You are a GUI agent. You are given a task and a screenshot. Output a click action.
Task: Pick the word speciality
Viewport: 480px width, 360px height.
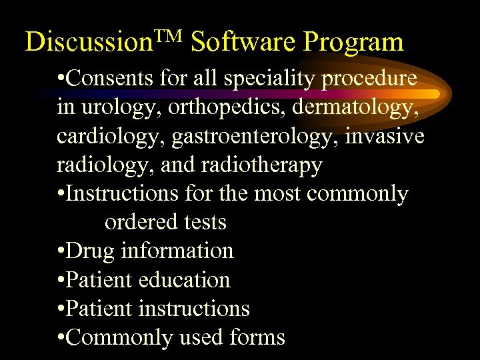coord(271,79)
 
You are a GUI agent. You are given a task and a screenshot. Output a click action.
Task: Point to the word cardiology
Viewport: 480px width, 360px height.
coord(110,137)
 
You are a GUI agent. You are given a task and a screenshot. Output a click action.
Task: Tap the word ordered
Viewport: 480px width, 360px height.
coord(139,222)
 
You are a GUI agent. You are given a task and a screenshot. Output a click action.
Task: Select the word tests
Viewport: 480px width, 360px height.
coord(203,222)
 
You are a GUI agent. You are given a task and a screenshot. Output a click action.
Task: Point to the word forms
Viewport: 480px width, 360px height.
coord(256,337)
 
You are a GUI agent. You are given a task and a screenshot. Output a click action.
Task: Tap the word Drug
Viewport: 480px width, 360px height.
coord(91,251)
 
